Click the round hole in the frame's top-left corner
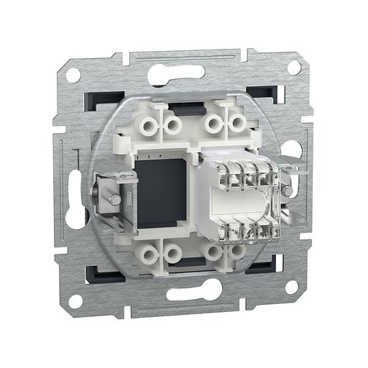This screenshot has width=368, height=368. pyautogui.click(x=73, y=75)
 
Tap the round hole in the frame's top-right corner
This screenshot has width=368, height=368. pyautogui.click(x=293, y=67)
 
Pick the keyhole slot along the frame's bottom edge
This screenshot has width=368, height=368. pyautogui.click(x=193, y=290)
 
